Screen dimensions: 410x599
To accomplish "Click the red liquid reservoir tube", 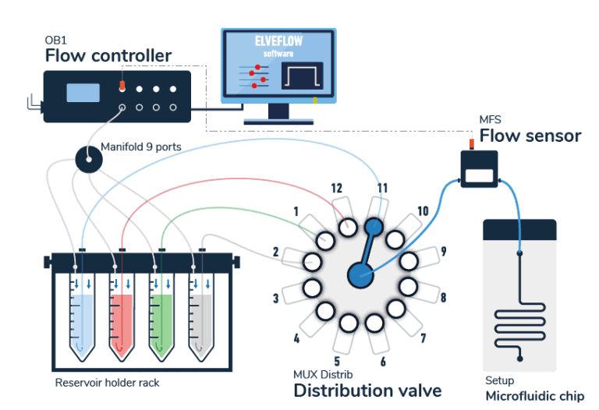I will coord(122,316).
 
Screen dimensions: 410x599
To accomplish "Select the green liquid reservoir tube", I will coord(162,316).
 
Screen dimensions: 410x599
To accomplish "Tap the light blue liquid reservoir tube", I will coord(82,316).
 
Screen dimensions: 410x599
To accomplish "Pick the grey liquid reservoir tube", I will coord(201,316).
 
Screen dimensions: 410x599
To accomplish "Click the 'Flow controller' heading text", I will coord(108,56).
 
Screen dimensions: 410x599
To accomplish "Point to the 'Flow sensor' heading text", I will coord(530,136).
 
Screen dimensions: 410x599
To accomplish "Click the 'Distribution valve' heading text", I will coord(367,391).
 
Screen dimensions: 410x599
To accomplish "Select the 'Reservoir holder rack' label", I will coord(107,383).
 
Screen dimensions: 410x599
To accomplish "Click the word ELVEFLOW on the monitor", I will coord(278,42).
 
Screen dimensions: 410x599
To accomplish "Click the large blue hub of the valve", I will coord(360,274).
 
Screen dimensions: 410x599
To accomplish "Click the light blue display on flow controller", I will coord(83,93).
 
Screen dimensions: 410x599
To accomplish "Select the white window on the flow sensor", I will coord(478,175).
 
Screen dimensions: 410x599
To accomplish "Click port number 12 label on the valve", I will coord(336,188).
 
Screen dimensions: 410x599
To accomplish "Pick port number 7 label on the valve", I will coord(424,338).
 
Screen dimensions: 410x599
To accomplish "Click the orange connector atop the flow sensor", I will coord(472,143).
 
